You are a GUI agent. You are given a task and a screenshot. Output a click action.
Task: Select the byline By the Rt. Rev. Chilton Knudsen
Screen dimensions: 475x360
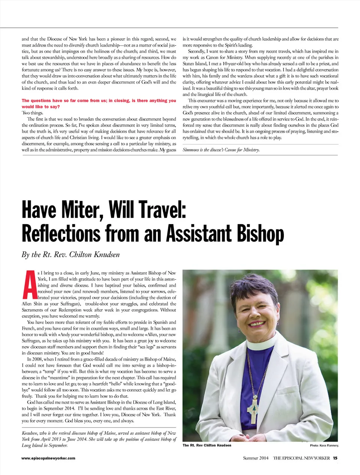point(70,254)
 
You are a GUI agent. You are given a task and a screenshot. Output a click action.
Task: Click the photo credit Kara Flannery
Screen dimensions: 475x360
point(324,446)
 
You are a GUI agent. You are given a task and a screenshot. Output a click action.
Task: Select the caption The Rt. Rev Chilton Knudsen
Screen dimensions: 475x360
point(207,445)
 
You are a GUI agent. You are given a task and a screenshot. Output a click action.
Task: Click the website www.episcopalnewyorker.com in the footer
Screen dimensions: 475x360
point(48,458)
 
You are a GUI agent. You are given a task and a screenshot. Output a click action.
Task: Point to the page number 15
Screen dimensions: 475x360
point(335,458)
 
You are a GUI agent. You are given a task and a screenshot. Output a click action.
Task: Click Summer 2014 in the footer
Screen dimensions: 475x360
point(256,458)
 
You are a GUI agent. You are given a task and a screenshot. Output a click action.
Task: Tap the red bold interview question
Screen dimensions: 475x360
point(99,103)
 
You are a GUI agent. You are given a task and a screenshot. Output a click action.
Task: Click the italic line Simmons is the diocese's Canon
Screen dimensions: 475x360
point(221,150)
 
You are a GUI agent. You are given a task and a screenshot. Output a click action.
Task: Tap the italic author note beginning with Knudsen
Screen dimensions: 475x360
point(99,439)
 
